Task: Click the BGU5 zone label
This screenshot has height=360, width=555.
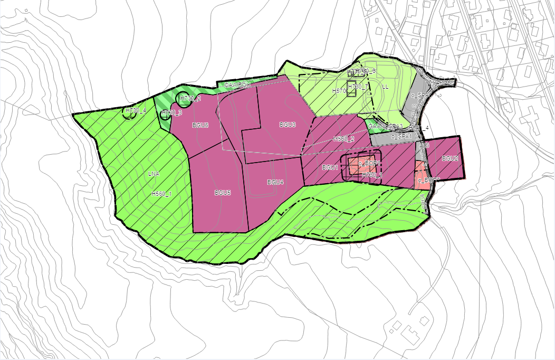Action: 222,193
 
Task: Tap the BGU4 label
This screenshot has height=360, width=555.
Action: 275,182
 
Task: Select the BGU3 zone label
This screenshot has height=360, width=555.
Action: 287,125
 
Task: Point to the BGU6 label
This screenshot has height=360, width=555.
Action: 200,125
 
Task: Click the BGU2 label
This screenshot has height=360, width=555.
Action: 449,158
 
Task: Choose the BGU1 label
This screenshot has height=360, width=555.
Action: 330,167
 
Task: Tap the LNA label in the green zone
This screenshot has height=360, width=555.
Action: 154,174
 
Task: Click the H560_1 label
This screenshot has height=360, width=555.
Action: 161,194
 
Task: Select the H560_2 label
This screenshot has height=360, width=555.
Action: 343,139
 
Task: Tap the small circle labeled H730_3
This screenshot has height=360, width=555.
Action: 167,113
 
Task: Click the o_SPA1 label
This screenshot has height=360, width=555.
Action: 401,137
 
